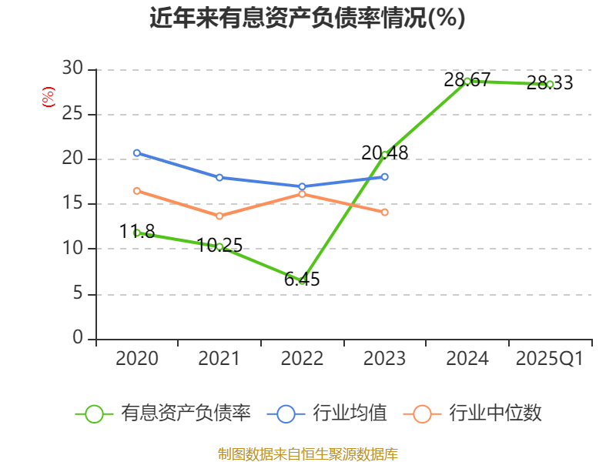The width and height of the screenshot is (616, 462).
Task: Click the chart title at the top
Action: tap(307, 18)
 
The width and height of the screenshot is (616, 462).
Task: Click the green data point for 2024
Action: tap(467, 81)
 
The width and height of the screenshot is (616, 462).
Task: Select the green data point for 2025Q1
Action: tap(550, 84)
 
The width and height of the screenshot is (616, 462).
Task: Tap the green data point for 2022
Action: tap(302, 280)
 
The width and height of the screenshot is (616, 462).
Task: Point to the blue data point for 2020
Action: tap(137, 152)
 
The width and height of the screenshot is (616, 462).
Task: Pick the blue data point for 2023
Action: tap(385, 176)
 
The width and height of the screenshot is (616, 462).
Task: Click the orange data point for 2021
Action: tap(219, 216)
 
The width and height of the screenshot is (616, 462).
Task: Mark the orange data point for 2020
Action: tap(137, 190)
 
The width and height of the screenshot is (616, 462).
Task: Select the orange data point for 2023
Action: tap(385, 212)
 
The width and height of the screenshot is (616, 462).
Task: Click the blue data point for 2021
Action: tap(219, 177)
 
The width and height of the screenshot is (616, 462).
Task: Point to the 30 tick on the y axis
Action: tap(72, 69)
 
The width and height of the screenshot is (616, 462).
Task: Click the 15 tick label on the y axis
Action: tap(72, 204)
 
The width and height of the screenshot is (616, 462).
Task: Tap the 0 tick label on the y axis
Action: tap(78, 339)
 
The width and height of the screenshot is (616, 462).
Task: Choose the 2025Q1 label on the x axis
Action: tap(550, 359)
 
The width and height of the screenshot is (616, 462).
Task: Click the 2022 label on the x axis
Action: tap(302, 359)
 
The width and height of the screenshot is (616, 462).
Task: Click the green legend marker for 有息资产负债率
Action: tap(94, 413)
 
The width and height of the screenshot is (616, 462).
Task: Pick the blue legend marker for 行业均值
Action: tap(286, 413)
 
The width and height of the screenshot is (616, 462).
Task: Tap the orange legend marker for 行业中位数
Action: tap(422, 413)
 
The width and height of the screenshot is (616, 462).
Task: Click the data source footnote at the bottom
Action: tap(307, 454)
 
